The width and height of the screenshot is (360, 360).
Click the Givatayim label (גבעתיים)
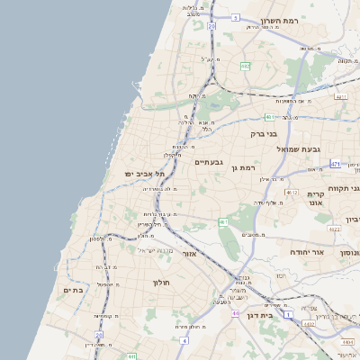click(209, 162)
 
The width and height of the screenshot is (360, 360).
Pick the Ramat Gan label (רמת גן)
click(244, 168)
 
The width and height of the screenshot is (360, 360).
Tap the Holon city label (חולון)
click(162, 282)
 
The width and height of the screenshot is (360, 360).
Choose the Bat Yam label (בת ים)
click(73, 290)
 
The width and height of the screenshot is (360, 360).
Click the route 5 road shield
click(235, 17)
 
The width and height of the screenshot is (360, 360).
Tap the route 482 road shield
click(246, 67)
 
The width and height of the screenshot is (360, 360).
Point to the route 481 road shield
click(271, 117)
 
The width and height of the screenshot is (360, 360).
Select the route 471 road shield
click(335, 165)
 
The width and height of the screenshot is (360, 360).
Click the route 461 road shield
click(222, 221)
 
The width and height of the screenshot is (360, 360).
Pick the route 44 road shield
click(235, 314)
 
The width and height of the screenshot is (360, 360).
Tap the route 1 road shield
click(287, 316)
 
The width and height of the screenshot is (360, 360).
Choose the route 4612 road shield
click(291, 192)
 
